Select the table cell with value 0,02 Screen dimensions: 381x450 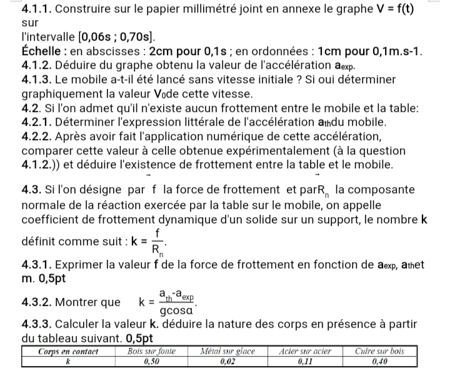[x=228, y=361]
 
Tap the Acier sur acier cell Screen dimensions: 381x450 [x=304, y=352]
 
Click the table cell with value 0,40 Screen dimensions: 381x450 [x=379, y=361]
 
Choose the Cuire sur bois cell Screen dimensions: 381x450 [x=379, y=352]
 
